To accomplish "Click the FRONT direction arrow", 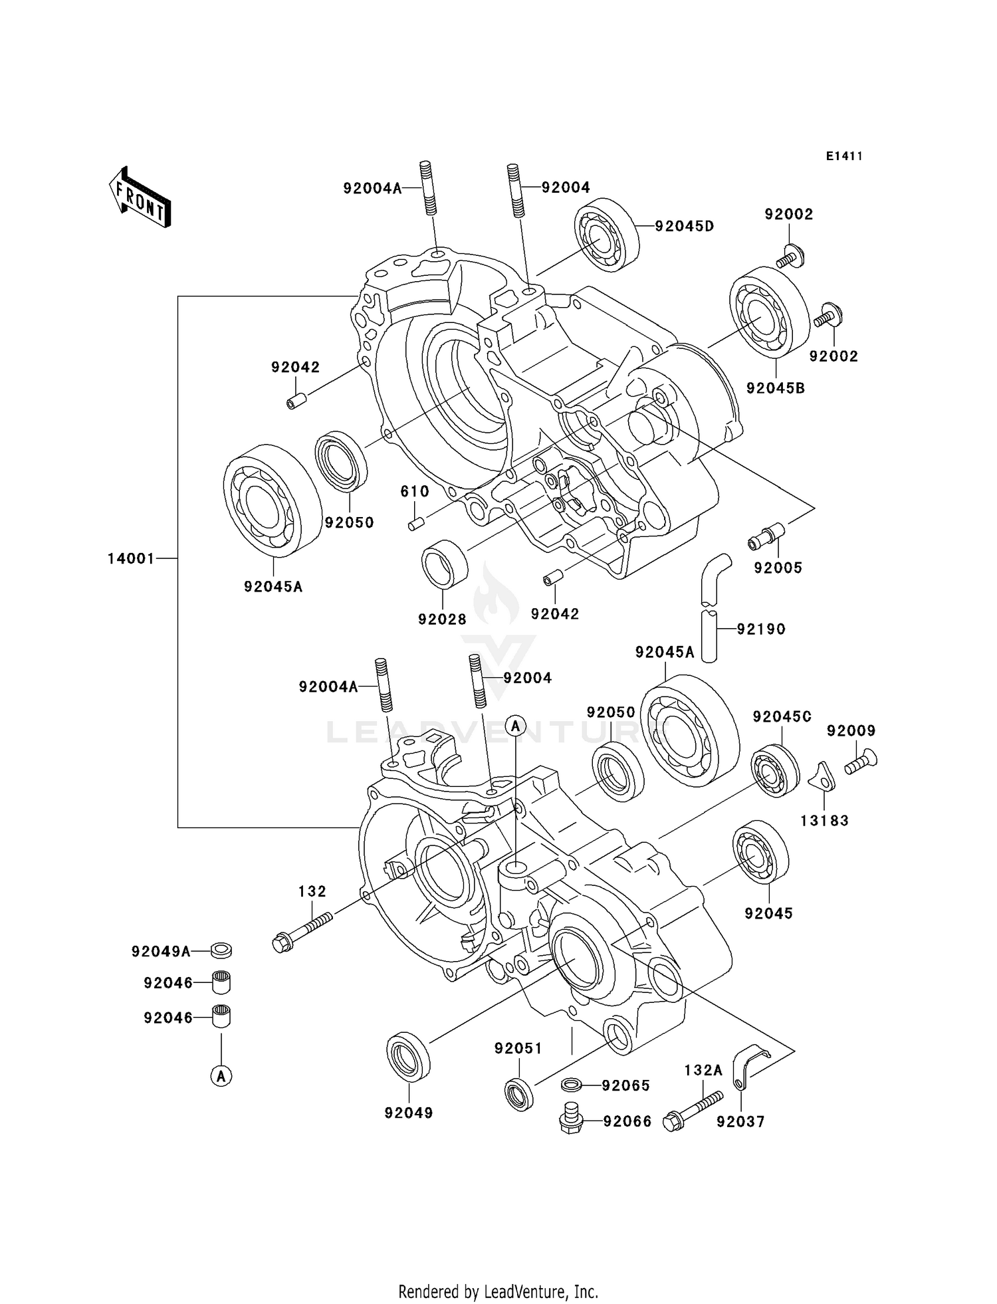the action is point(140,199).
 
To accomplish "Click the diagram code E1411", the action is point(844,156).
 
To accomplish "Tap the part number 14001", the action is point(131,559).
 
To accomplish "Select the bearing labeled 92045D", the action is point(607,235).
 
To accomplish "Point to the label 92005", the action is point(778,568).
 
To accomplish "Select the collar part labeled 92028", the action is point(445,564).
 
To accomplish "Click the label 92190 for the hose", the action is point(761,629).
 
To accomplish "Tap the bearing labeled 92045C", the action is point(775,772).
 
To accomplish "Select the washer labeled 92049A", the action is point(221,951).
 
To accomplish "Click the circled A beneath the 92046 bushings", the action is point(221,1075).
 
